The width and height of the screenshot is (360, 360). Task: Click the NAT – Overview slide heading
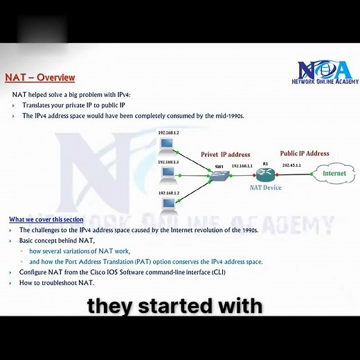pos(40,78)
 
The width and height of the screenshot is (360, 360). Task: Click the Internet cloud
pos(334,173)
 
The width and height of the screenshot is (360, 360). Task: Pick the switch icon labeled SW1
pos(219,177)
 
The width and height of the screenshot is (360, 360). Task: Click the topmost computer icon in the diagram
pos(166,146)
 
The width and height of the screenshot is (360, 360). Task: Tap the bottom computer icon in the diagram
pos(167,204)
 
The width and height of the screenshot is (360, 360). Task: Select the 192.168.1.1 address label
pos(242,166)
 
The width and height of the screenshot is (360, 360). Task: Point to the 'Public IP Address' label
pos(305,153)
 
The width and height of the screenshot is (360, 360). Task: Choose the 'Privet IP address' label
pos(226,154)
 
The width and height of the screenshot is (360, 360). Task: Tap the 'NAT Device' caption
pos(266,188)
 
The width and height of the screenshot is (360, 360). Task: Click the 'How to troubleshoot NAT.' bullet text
pos(57,282)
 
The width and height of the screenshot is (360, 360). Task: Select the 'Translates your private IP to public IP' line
pos(74,105)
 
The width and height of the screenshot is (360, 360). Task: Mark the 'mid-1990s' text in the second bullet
pos(229,116)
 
